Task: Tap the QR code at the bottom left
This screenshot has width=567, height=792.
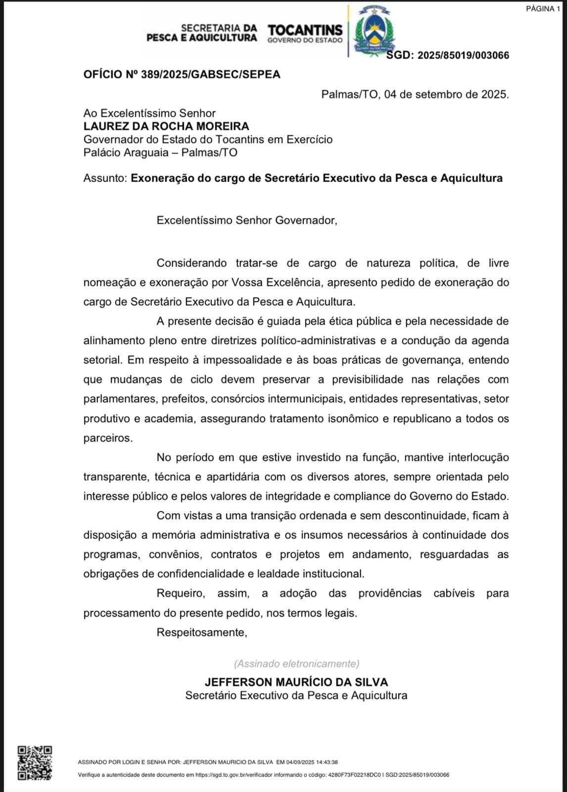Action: pyautogui.click(x=35, y=763)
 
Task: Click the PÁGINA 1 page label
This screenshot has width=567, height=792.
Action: pyautogui.click(x=540, y=9)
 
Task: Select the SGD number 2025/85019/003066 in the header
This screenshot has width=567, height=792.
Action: pyautogui.click(x=463, y=55)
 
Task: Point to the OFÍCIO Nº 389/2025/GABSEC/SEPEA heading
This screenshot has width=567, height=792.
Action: pyautogui.click(x=182, y=75)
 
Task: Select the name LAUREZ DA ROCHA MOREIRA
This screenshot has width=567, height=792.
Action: pyautogui.click(x=166, y=126)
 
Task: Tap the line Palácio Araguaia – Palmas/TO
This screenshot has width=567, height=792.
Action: pyautogui.click(x=160, y=152)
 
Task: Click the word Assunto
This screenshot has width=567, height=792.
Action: pyautogui.click(x=105, y=178)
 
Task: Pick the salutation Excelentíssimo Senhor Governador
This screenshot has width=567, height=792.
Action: pyautogui.click(x=246, y=220)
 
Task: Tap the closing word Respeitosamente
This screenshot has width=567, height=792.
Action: pyautogui.click(x=201, y=632)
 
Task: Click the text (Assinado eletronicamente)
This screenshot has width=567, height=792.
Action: pyautogui.click(x=296, y=664)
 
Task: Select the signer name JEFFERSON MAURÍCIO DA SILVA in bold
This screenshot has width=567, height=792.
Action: pyautogui.click(x=296, y=682)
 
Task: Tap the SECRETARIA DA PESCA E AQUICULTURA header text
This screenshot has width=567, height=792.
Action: pyautogui.click(x=202, y=33)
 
